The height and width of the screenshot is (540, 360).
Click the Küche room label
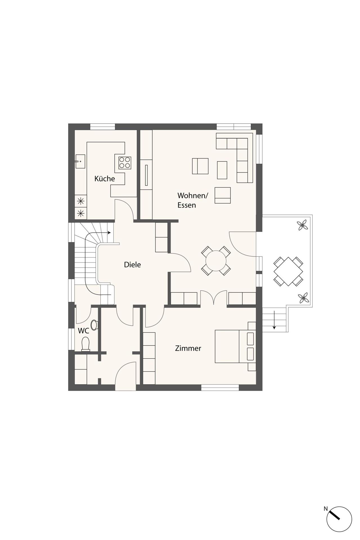point(105,179)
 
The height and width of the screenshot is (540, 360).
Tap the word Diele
point(132,265)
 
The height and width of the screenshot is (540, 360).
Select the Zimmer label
point(188,348)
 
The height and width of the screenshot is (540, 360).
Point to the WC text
point(84,331)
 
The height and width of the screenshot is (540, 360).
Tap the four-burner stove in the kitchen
point(125,163)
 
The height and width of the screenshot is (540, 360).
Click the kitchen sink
point(80,161)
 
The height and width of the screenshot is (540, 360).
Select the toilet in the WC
point(85,344)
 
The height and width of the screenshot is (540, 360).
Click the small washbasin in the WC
point(94,325)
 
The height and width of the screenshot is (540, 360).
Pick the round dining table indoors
point(216,261)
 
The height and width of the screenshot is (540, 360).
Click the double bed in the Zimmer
point(235,346)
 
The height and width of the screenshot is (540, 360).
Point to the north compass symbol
point(339,519)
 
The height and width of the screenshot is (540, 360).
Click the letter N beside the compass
point(326,508)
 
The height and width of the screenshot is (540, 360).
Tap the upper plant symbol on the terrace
point(302,225)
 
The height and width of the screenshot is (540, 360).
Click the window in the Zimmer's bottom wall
point(220,388)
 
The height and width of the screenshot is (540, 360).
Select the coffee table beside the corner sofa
point(222,170)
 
